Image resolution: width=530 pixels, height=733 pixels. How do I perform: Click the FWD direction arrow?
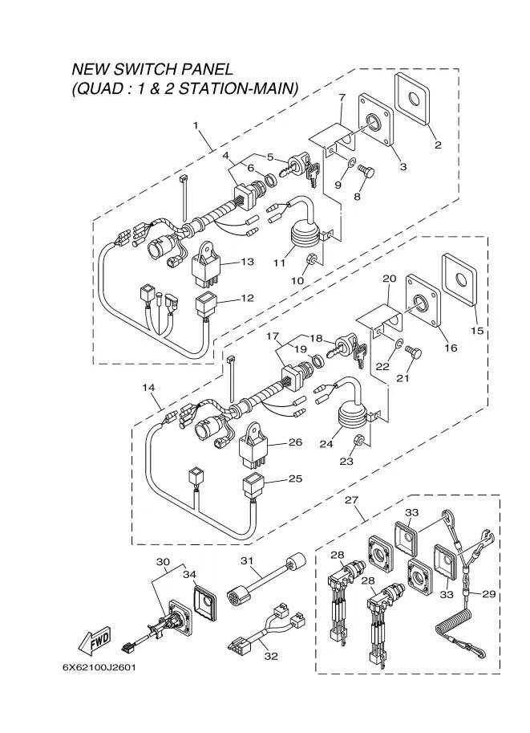95,640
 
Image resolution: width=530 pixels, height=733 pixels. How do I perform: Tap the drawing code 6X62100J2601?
99,667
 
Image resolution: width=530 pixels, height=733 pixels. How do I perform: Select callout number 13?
247,262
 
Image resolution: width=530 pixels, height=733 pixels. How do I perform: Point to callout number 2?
438,145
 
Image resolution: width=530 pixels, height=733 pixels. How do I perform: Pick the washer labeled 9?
352,163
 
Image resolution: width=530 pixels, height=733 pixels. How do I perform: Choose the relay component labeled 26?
253,447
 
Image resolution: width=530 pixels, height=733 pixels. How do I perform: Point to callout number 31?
246,560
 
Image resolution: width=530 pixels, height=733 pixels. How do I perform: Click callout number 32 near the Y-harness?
271,657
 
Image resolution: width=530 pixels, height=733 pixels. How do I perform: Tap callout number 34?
189,575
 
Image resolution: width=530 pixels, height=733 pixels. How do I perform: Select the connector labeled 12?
206,307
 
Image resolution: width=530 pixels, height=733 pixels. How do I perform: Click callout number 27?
351,499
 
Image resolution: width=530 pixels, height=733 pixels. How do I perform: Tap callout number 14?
148,388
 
